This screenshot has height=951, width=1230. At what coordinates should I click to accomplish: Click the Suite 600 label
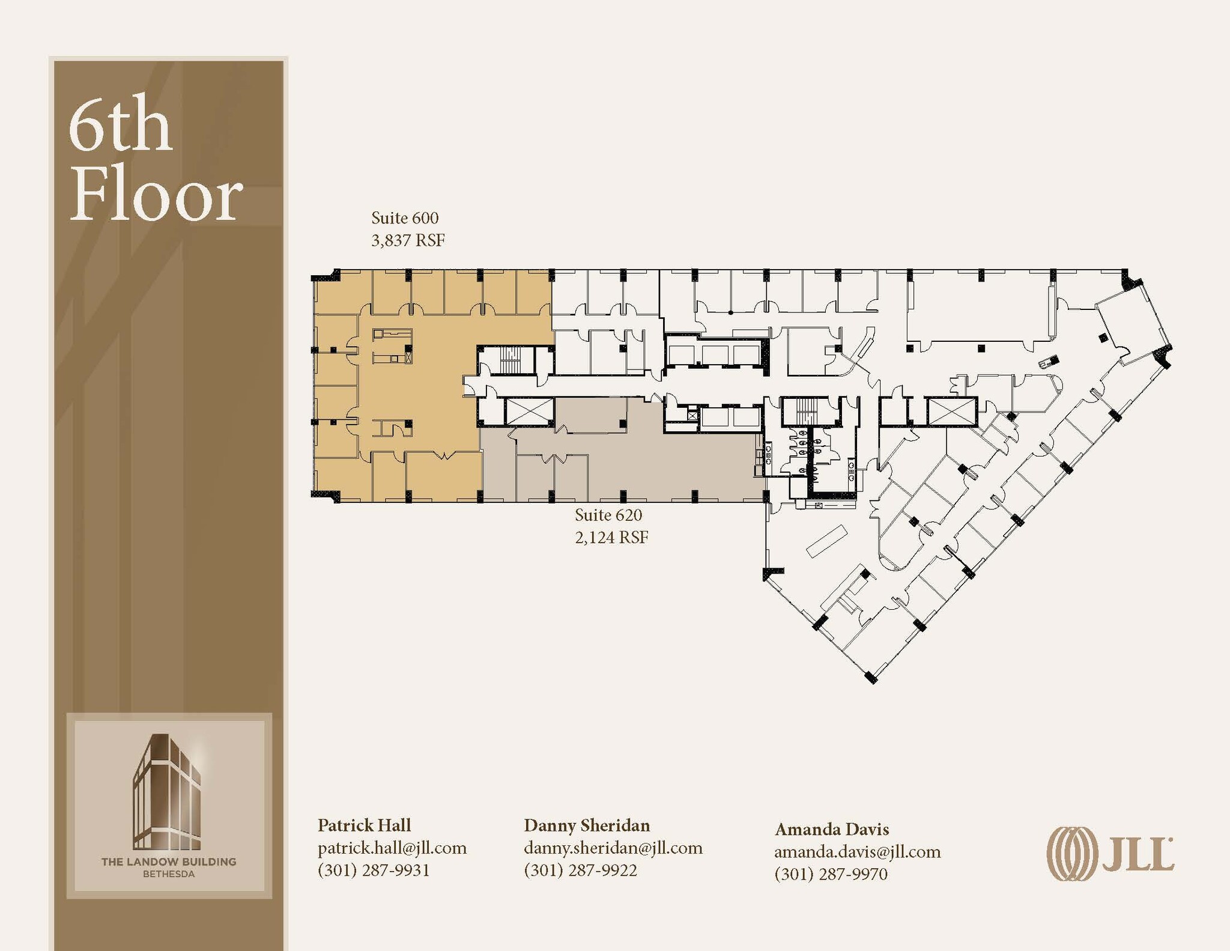point(405,218)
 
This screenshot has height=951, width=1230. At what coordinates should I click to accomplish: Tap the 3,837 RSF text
point(408,240)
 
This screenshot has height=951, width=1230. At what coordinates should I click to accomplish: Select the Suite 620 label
point(608,515)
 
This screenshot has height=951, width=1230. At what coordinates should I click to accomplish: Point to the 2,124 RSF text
point(611,537)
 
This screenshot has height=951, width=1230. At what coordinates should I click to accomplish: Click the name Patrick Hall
point(364,825)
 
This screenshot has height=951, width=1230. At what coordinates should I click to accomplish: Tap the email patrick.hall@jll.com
point(392,848)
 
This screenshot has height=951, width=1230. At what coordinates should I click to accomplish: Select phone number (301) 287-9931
point(374,870)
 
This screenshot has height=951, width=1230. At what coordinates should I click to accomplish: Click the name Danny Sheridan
point(587,825)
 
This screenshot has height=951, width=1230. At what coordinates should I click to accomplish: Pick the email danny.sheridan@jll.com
point(613,848)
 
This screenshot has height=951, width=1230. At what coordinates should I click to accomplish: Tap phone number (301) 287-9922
point(580,870)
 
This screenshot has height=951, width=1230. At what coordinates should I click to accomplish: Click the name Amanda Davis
point(832,829)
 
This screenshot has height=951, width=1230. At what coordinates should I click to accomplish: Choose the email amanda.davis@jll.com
point(857,851)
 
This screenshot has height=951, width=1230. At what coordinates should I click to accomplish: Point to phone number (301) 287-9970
point(831,874)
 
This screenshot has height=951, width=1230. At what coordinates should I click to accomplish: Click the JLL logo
point(1110,854)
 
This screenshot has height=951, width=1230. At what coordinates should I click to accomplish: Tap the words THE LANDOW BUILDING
point(169,861)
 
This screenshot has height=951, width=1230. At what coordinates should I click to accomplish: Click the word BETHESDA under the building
point(169,874)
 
